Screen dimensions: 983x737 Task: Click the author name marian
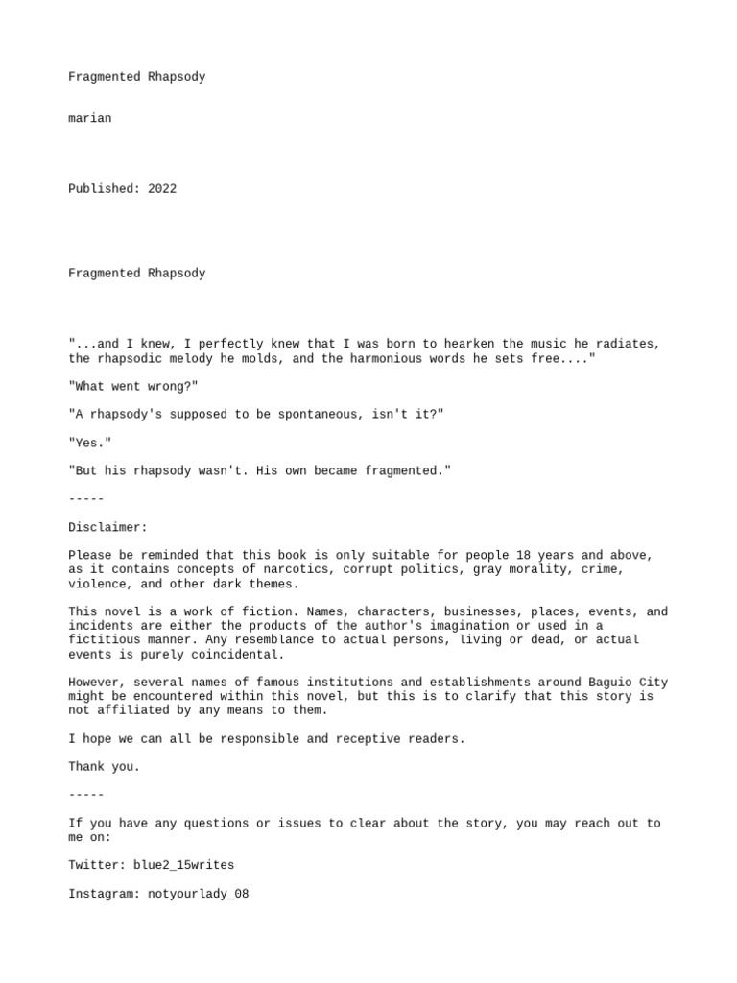tap(89, 118)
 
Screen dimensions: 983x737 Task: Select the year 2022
tap(162, 189)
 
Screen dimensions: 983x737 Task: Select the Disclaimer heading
tap(107, 527)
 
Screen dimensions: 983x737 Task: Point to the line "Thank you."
tap(104, 766)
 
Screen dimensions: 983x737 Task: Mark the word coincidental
tap(234, 654)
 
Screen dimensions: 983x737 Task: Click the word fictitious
tap(104, 639)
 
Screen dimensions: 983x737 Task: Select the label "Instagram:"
tap(104, 893)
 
